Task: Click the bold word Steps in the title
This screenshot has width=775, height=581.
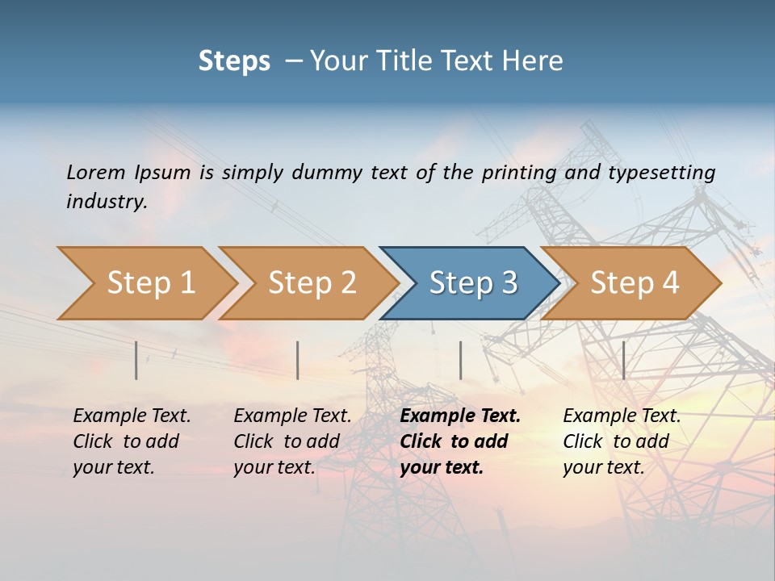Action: pyautogui.click(x=234, y=61)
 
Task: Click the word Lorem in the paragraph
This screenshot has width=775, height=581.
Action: pyautogui.click(x=95, y=173)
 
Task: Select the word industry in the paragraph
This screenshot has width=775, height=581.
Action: pyautogui.click(x=106, y=202)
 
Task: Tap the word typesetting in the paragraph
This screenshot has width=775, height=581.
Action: pyautogui.click(x=661, y=173)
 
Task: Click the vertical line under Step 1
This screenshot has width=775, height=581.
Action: pyautogui.click(x=136, y=360)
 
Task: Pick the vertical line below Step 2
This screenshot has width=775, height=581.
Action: pyautogui.click(x=298, y=360)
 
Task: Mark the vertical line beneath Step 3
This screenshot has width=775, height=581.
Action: pyautogui.click(x=461, y=360)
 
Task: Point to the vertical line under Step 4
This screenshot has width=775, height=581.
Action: pyautogui.click(x=624, y=360)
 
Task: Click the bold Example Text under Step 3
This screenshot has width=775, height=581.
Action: pyautogui.click(x=460, y=416)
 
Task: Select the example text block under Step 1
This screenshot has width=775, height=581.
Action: pyautogui.click(x=132, y=441)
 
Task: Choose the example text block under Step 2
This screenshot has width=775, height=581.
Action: pyautogui.click(x=292, y=441)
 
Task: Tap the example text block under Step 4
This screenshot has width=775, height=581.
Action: pyautogui.click(x=622, y=441)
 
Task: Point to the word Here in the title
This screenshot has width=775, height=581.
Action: pyautogui.click(x=534, y=61)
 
